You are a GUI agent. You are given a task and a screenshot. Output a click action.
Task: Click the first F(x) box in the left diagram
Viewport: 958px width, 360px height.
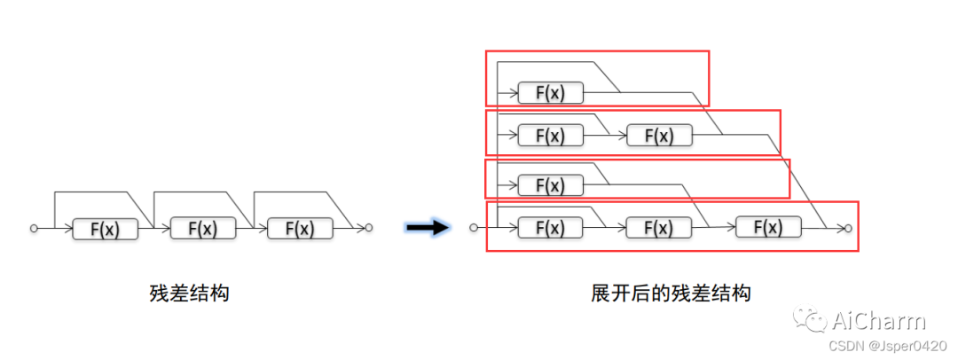[x=105, y=229]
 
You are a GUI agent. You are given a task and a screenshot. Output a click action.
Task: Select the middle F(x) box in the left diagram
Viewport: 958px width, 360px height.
[x=203, y=228]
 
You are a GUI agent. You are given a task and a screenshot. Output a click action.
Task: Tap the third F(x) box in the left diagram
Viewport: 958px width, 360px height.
[x=300, y=228]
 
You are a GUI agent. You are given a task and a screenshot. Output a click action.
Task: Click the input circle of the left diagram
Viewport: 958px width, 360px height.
[x=35, y=228]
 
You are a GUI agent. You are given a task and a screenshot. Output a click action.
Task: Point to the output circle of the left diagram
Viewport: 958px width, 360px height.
[x=369, y=228]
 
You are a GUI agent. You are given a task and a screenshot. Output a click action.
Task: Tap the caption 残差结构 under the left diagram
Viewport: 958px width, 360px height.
[x=190, y=293]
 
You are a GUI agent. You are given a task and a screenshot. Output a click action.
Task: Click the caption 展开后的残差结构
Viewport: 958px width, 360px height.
[x=671, y=293]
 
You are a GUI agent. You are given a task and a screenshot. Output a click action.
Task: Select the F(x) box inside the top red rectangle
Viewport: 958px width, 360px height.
[x=551, y=93]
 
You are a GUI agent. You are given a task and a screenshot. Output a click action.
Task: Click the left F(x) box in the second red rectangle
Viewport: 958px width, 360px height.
[x=551, y=135]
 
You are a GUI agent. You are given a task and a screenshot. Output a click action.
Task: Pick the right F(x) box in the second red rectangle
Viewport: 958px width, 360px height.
[x=660, y=135]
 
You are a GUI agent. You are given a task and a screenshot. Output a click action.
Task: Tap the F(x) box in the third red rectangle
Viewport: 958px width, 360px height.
[x=551, y=184]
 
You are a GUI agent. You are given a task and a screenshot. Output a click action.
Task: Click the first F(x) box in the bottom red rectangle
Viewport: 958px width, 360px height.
[x=551, y=227]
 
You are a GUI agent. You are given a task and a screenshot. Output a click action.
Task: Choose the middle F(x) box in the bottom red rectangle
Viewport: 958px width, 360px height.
[x=660, y=227]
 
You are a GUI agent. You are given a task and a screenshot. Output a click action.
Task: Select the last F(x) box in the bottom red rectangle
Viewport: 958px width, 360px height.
[x=768, y=227]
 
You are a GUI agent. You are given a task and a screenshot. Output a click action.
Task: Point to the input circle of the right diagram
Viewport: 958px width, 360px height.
[x=474, y=228]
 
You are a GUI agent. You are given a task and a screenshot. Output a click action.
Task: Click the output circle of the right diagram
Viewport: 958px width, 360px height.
[x=848, y=228]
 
